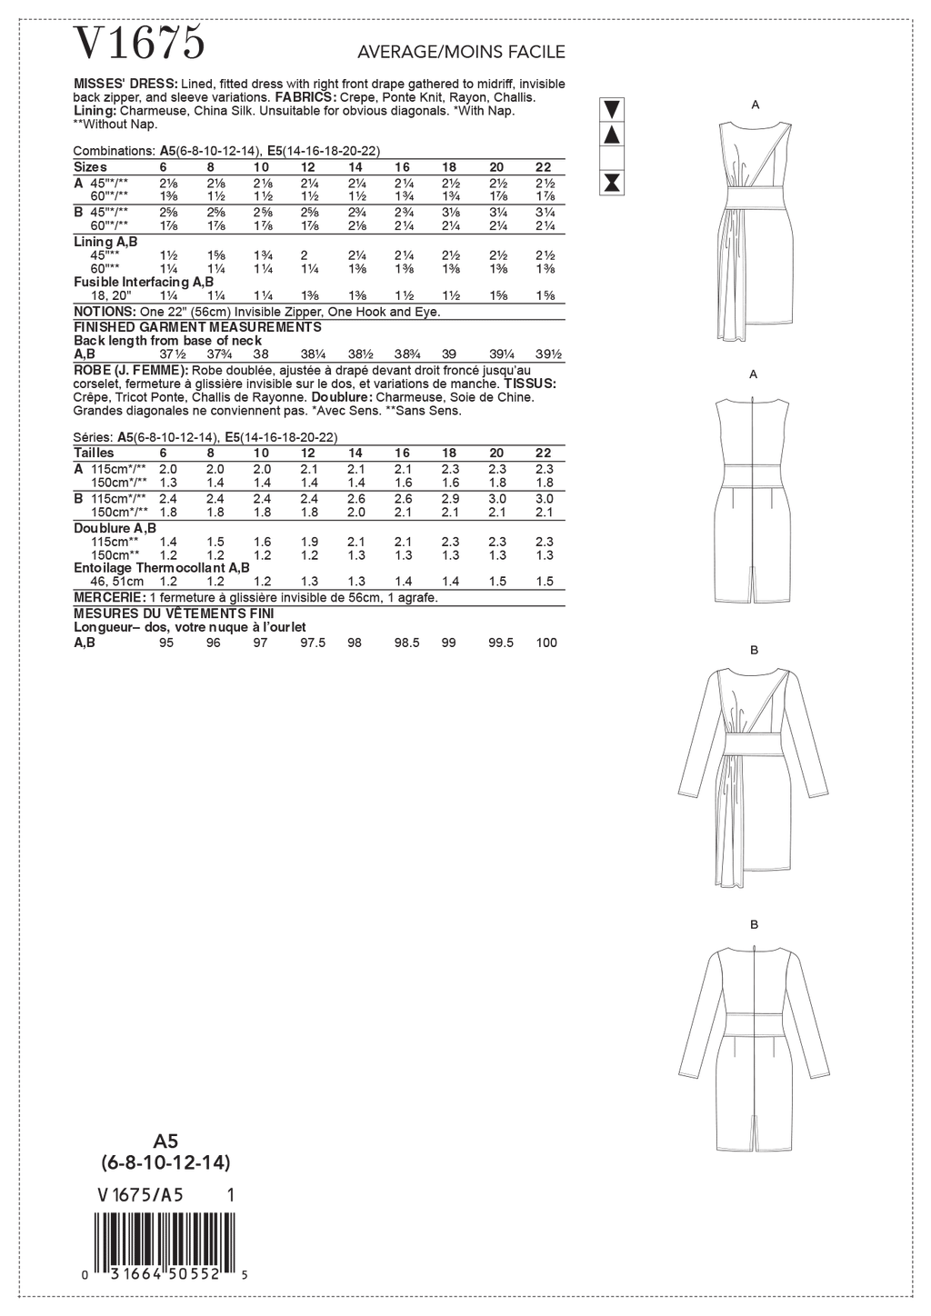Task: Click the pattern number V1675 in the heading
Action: (139, 43)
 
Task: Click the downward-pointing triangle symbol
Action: (613, 109)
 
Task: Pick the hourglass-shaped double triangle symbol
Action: (613, 182)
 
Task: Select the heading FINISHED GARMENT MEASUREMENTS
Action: (196, 326)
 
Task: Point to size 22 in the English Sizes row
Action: (543, 167)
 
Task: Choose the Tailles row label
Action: (94, 453)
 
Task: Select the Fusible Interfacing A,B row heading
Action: (143, 283)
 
